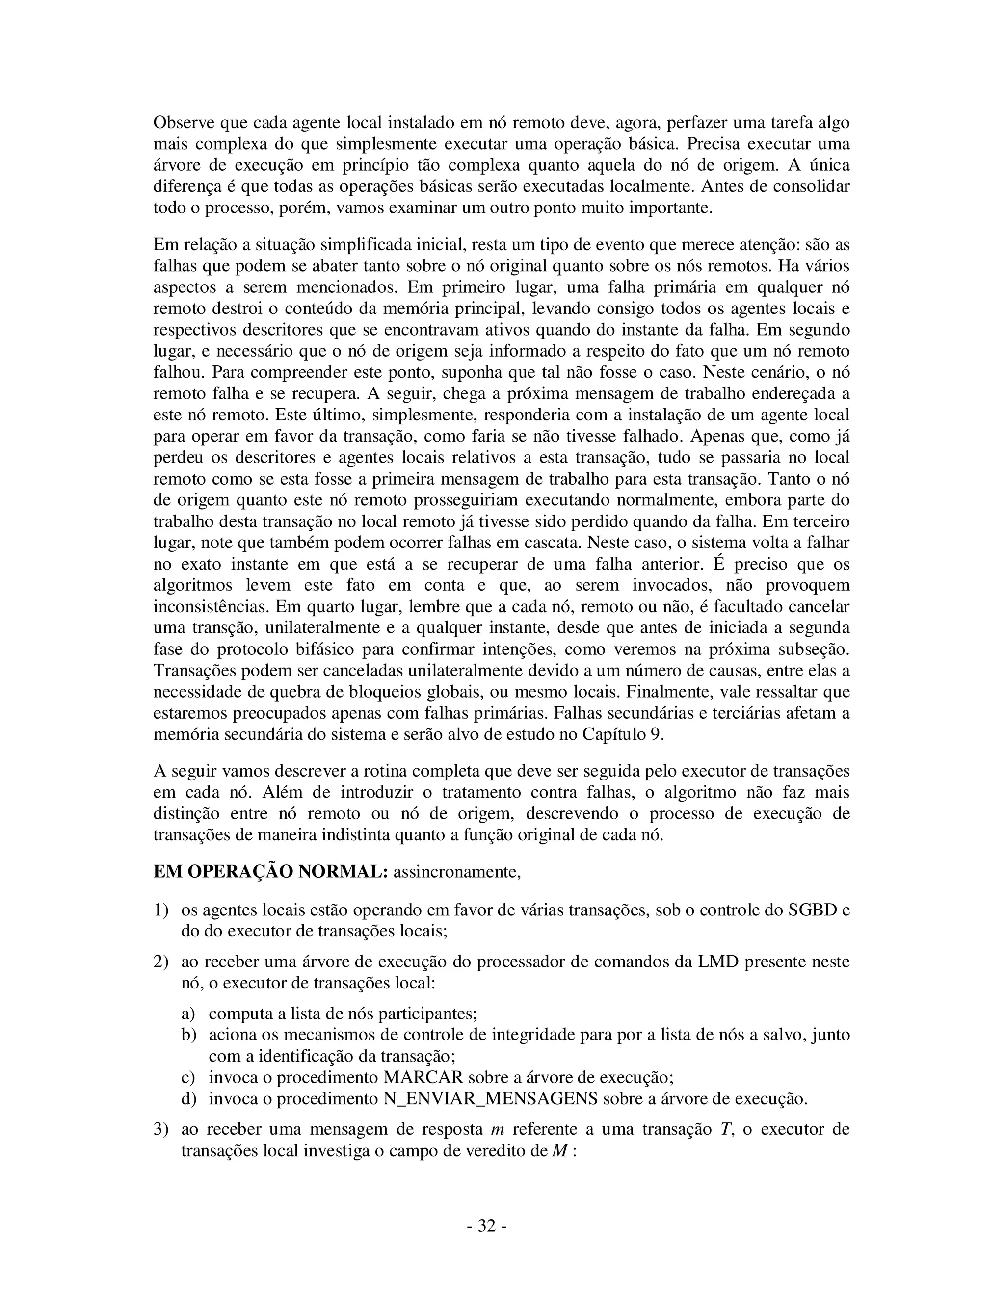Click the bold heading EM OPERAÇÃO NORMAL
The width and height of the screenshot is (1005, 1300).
(x=270, y=872)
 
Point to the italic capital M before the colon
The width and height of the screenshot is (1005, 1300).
(x=559, y=1150)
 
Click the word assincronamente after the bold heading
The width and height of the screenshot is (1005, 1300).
(x=457, y=872)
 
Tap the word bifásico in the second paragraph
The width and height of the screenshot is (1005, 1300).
(x=310, y=649)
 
